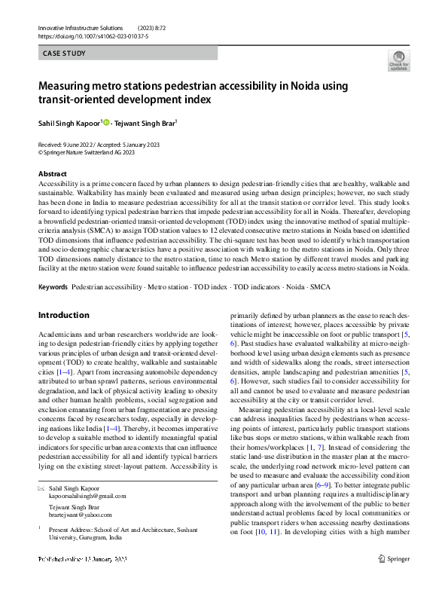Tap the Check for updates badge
398,60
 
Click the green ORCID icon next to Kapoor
106,122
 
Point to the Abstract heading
52,174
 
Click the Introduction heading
63,315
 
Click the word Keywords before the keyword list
53,288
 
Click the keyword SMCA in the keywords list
319,288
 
